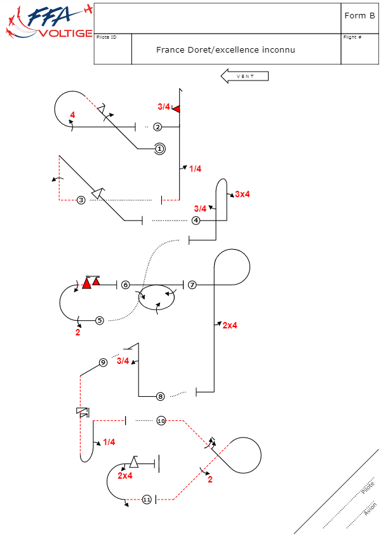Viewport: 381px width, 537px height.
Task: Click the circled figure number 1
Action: click(159, 148)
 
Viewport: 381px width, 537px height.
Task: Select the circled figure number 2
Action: click(157, 127)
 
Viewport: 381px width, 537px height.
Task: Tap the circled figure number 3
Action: click(81, 200)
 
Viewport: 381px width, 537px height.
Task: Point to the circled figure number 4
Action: click(196, 221)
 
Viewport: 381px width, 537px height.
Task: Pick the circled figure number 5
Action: click(100, 320)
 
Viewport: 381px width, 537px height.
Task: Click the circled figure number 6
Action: click(126, 285)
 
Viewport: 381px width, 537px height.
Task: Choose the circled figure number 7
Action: click(192, 285)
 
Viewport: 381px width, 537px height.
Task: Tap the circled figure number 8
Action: click(161, 396)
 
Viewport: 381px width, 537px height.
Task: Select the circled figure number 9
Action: click(103, 363)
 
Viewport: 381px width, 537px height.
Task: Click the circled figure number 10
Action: click(161, 421)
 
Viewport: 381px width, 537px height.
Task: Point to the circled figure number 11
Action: click(147, 500)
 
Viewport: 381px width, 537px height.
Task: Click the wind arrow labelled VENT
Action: click(244, 76)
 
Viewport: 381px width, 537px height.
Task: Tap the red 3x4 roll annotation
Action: click(243, 194)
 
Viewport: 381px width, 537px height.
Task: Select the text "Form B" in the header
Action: click(359, 16)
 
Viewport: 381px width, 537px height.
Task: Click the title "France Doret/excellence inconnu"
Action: click(225, 49)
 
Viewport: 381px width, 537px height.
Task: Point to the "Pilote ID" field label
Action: click(107, 37)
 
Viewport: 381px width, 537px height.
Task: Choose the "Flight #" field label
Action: click(352, 37)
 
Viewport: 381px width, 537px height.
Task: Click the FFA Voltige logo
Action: click(48, 22)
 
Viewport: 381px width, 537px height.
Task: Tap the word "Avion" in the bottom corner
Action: click(370, 509)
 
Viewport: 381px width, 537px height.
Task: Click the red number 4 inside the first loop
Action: click(73, 115)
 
